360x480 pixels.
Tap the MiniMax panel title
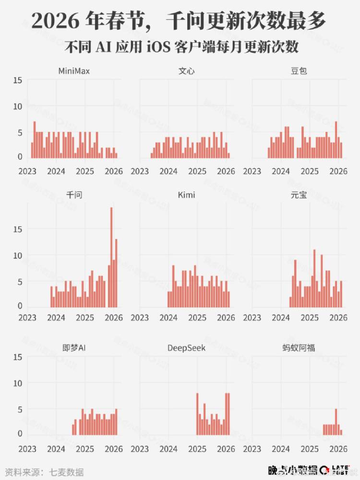tap(74, 72)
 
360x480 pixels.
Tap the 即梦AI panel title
tap(74, 348)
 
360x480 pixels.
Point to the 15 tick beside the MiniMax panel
tap(17, 80)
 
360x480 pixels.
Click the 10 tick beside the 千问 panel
tap(17, 256)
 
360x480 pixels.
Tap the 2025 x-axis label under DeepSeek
tap(197, 449)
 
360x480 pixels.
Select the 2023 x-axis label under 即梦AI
tap(27, 449)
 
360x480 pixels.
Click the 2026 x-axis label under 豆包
tap(338, 171)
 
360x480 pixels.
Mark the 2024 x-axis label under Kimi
tap(168, 317)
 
